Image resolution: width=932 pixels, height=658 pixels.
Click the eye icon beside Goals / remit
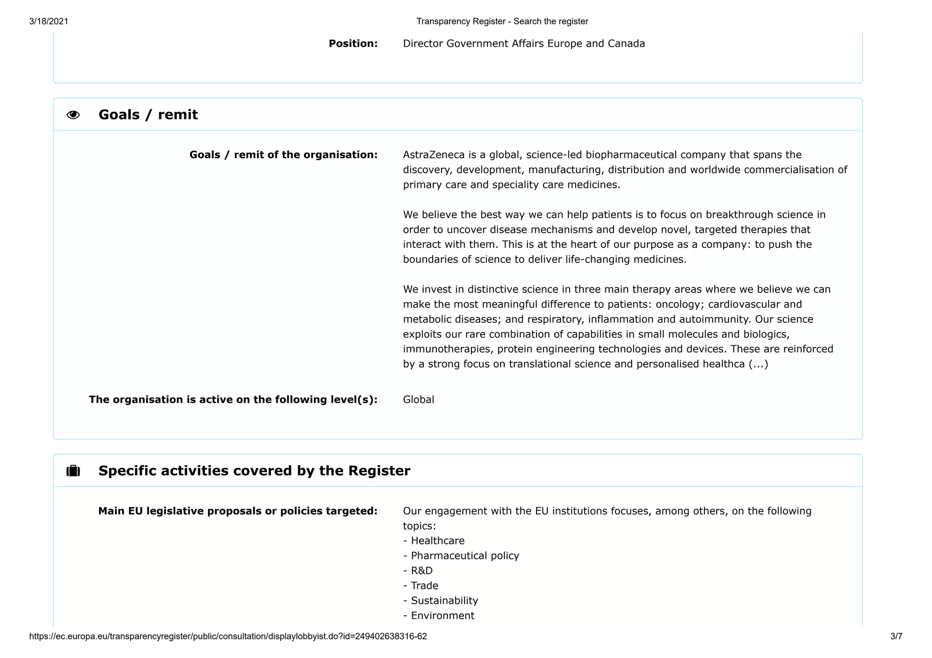(x=73, y=115)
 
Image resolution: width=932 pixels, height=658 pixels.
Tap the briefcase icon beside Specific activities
(x=73, y=471)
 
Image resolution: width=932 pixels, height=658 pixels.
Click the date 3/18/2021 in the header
(x=49, y=21)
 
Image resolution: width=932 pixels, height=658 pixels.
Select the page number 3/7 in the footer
(x=896, y=637)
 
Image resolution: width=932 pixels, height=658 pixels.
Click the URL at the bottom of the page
(x=228, y=637)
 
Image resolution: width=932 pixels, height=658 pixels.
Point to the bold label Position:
(x=353, y=44)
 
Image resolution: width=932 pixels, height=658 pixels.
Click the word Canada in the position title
(x=626, y=44)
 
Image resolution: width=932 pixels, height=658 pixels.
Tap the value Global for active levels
(x=418, y=400)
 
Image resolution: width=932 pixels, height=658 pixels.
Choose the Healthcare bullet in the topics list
(x=437, y=541)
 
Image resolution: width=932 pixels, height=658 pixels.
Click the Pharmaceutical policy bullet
(x=465, y=556)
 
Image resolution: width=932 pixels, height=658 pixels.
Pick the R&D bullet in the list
(x=421, y=571)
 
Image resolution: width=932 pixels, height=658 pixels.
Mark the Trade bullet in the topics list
(x=424, y=586)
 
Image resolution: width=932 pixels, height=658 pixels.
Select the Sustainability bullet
(x=444, y=601)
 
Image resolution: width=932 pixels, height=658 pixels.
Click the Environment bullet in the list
(x=442, y=616)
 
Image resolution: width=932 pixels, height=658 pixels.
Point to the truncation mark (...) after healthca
(x=758, y=364)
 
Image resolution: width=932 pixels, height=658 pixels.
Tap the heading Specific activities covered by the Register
(x=254, y=471)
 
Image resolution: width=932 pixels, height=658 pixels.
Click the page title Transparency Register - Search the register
(x=502, y=21)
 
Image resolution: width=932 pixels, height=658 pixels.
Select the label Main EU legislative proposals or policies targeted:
(x=238, y=511)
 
